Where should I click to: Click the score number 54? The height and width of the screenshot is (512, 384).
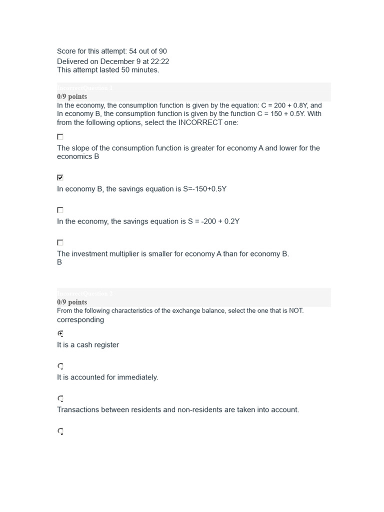point(133,51)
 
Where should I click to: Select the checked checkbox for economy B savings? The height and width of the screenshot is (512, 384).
point(60,177)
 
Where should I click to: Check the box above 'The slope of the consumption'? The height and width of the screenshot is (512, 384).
point(60,136)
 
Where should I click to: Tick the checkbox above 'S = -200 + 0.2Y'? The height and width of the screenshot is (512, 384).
point(60,210)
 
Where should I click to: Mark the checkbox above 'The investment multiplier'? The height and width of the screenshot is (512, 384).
point(60,242)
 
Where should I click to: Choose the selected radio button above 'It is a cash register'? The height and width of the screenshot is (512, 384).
point(60,333)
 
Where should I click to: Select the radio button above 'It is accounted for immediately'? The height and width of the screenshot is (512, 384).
point(60,366)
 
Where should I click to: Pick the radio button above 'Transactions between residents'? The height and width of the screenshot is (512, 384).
point(60,398)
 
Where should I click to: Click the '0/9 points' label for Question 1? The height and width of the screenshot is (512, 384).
point(72,96)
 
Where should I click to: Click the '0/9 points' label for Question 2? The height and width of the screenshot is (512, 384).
point(72,302)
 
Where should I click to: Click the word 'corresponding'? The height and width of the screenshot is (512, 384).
point(80,320)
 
